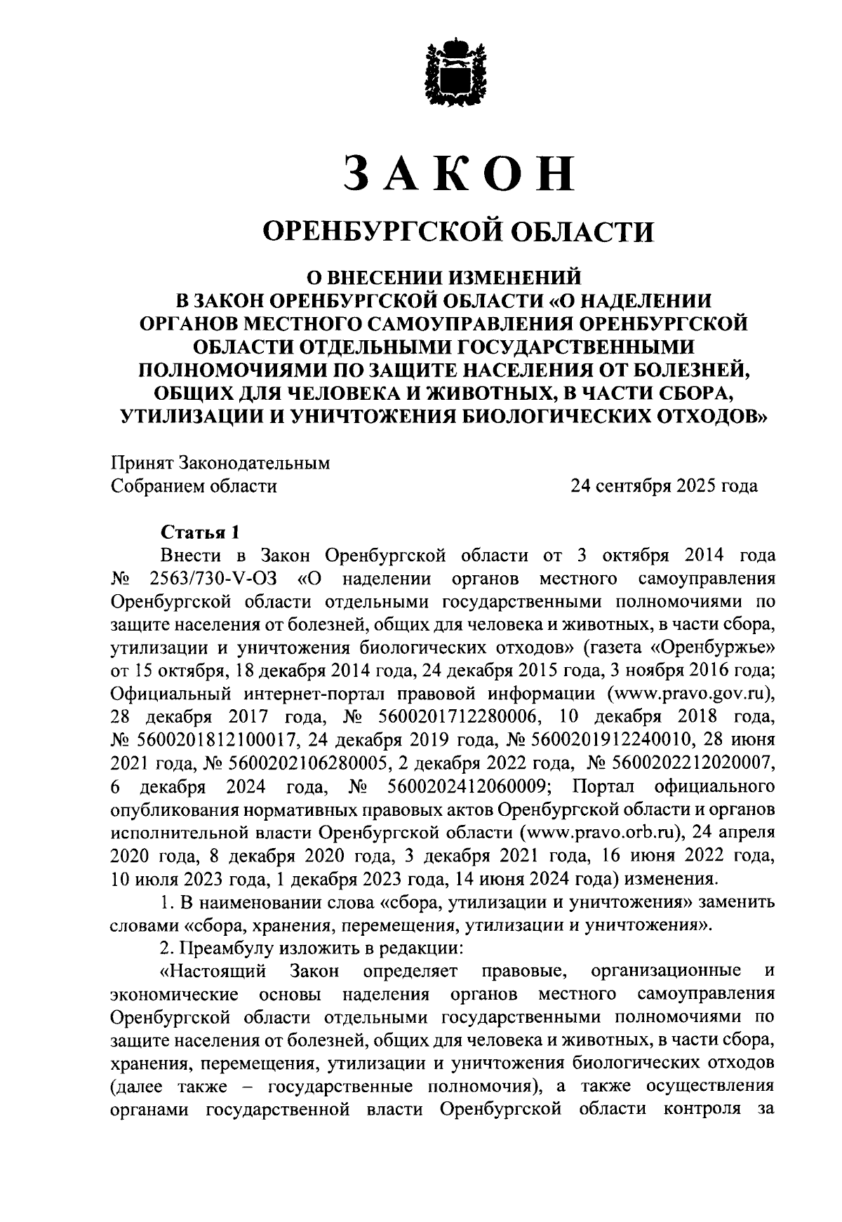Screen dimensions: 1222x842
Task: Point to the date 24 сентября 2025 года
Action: click(x=664, y=486)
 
